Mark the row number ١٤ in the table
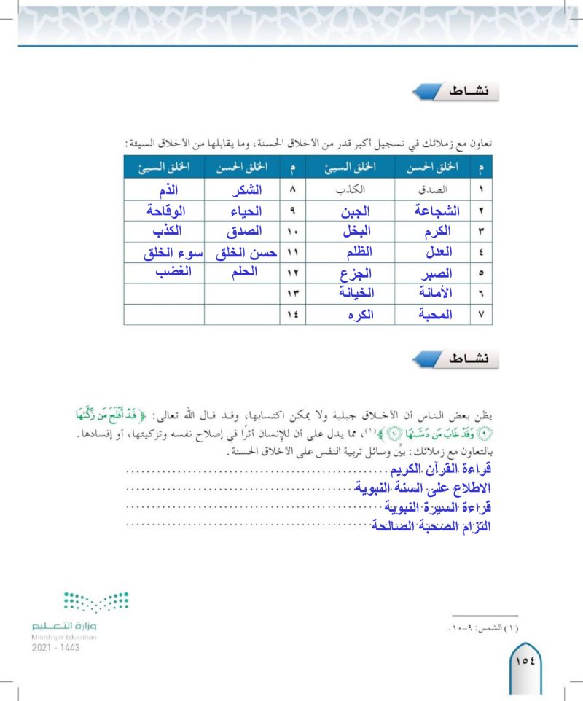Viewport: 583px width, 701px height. tap(291, 315)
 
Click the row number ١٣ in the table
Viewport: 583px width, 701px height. tap(291, 294)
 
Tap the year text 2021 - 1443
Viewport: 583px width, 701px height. tap(56, 647)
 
